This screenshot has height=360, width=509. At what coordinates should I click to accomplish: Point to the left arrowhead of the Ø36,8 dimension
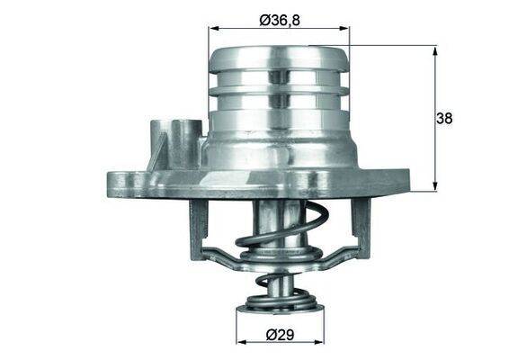click(x=213, y=30)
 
